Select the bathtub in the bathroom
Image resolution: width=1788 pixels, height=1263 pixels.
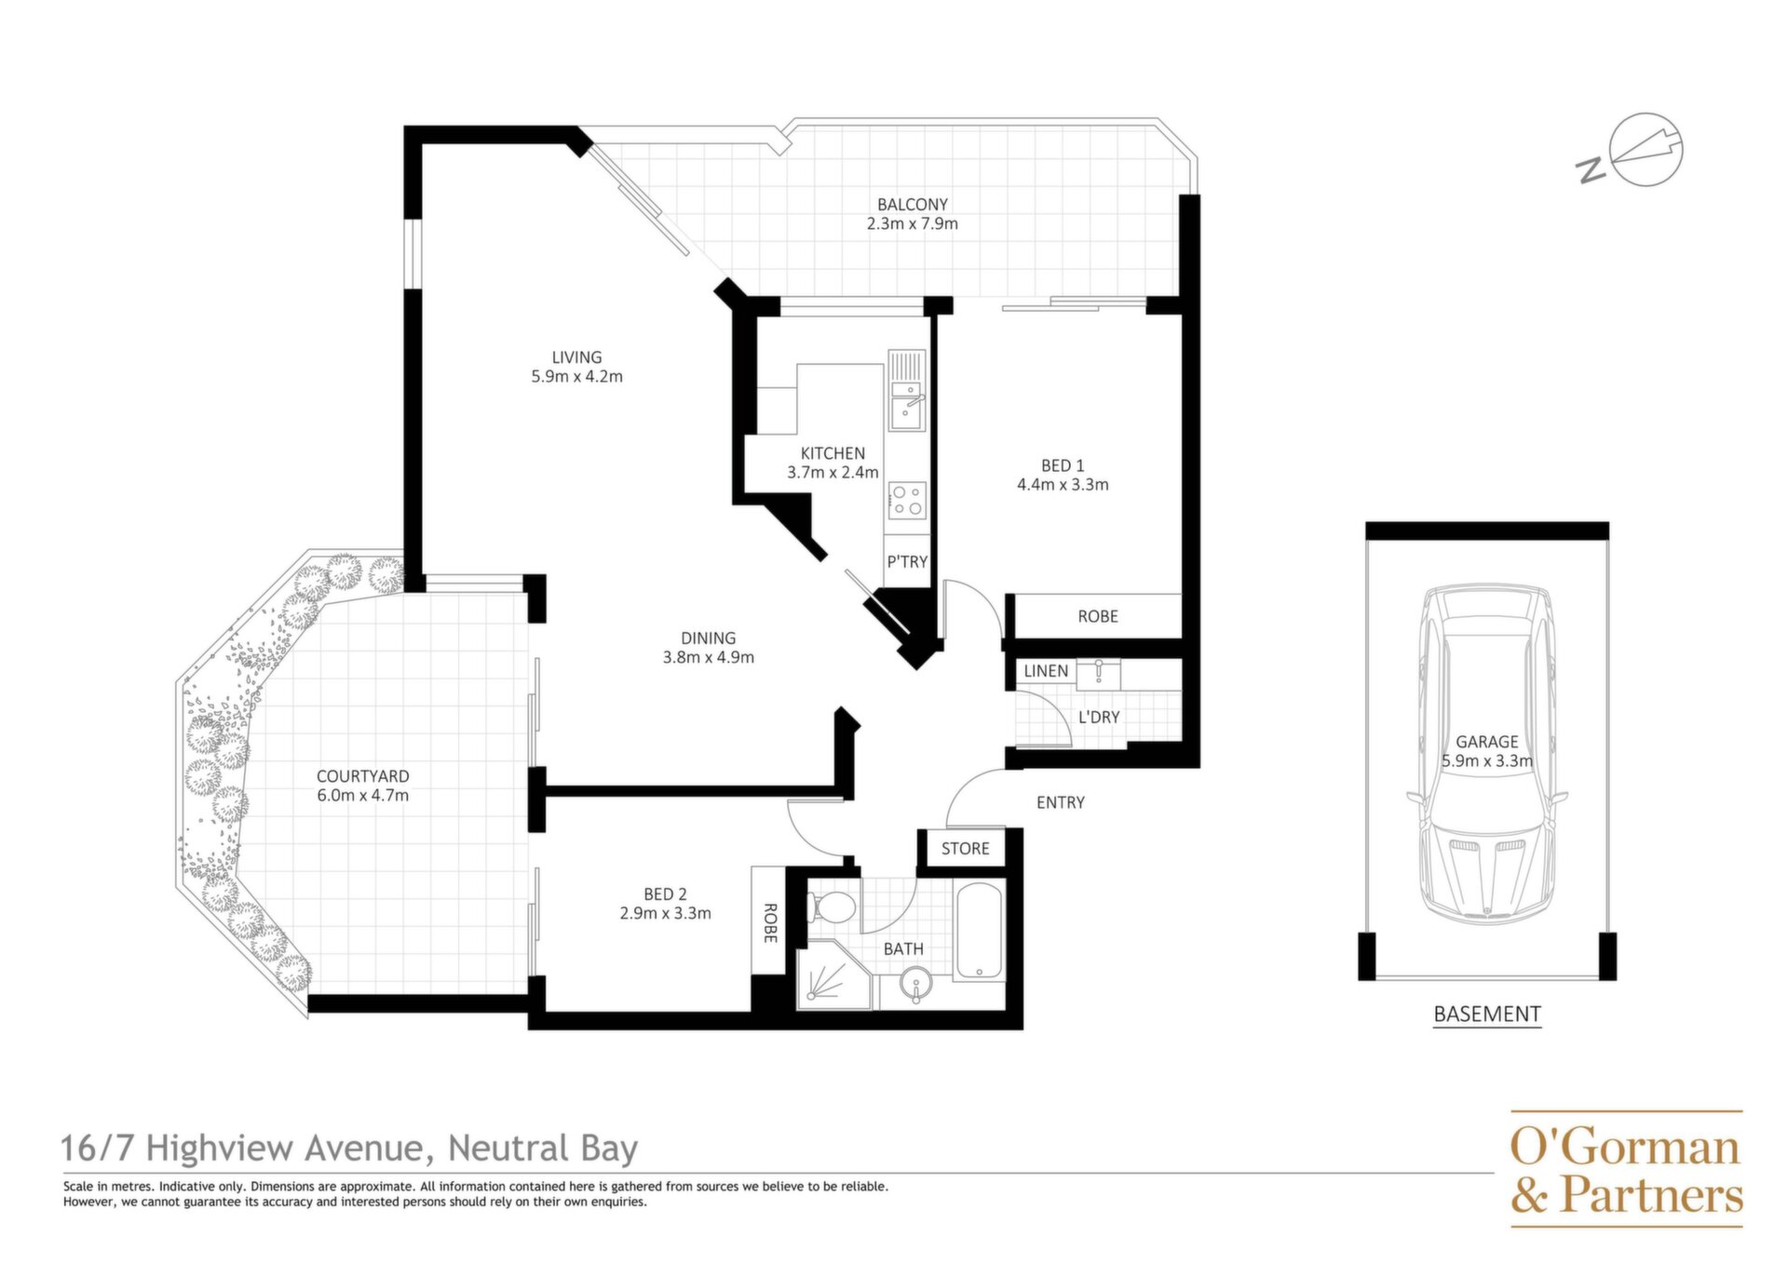tap(978, 931)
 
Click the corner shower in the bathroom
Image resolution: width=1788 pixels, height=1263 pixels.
tap(834, 974)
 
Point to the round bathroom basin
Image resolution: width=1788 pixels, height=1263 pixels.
tap(916, 984)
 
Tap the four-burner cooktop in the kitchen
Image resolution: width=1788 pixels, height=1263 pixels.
tap(907, 499)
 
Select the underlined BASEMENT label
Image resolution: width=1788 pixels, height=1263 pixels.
tap(1487, 1014)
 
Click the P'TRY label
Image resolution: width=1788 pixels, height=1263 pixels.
tap(907, 561)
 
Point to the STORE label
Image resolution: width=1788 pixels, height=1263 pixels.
tap(965, 848)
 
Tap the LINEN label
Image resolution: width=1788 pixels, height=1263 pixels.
tap(1046, 670)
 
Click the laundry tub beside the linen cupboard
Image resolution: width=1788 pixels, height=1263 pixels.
tap(1099, 674)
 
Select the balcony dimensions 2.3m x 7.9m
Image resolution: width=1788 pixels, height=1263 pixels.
tap(912, 223)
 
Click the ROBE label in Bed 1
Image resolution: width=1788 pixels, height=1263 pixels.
tap(1098, 616)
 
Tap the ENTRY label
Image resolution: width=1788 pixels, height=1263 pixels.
tap(1061, 802)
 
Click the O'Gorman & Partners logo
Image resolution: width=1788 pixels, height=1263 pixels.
tap(1626, 1169)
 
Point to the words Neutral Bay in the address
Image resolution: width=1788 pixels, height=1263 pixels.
tap(543, 1149)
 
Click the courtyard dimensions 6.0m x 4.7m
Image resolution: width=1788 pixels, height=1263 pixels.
tap(362, 796)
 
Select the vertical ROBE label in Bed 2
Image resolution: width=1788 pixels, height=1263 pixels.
tap(770, 922)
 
